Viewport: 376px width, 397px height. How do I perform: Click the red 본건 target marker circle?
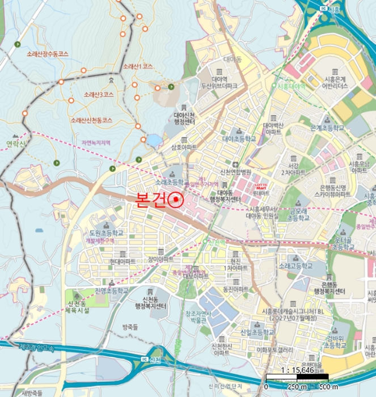(176, 200)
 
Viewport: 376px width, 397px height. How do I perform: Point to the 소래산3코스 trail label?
(97, 94)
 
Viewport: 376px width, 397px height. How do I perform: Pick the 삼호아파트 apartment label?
(180, 146)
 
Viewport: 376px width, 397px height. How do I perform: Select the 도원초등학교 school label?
(105, 233)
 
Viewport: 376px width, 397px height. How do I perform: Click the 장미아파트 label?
(160, 259)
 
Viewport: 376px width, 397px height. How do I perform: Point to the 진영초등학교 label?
(110, 290)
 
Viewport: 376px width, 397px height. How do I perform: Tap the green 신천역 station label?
(217, 242)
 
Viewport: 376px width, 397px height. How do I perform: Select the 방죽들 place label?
(130, 327)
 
